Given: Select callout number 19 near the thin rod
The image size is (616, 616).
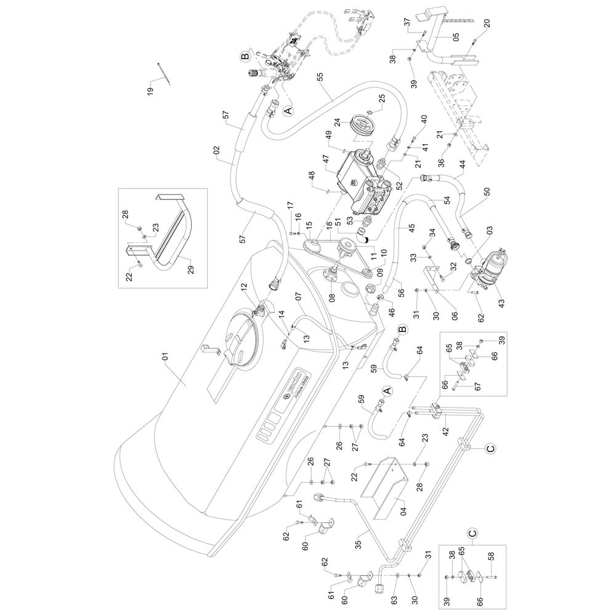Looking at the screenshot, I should [150, 91].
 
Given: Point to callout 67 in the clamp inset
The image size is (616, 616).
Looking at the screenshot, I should [476, 387].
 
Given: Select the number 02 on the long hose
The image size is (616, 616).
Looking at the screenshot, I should [216, 150].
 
